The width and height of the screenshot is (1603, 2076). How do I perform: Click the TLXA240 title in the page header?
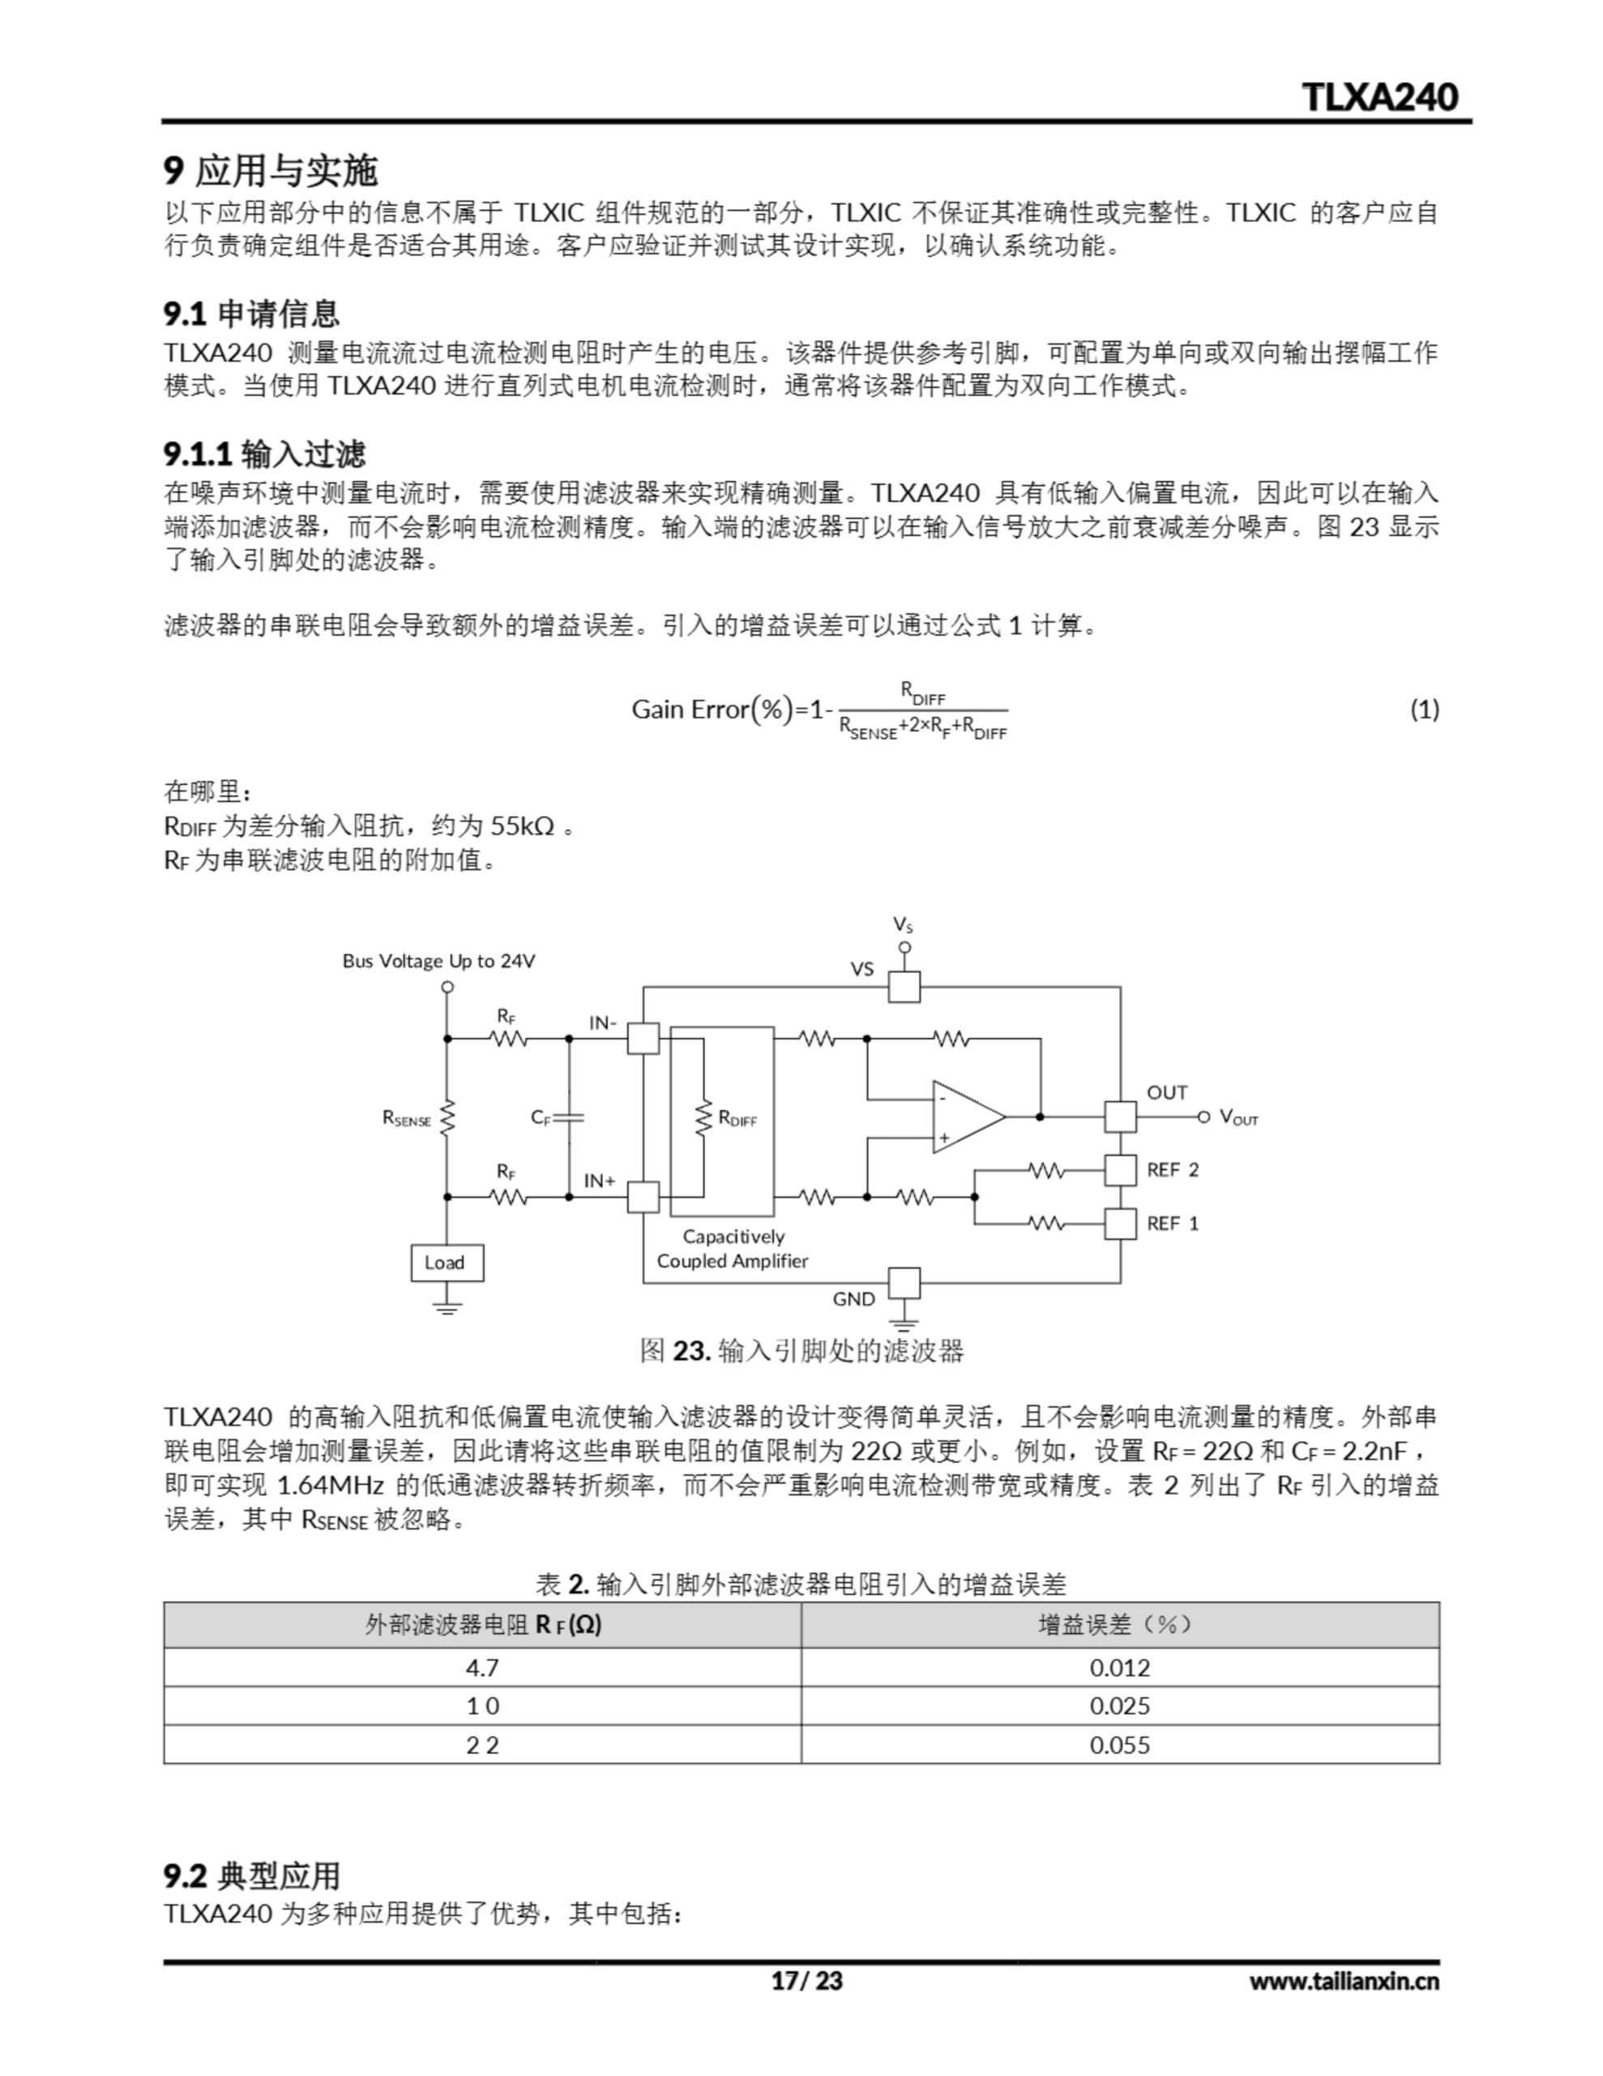(1379, 97)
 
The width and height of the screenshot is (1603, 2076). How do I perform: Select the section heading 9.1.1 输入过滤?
(264, 454)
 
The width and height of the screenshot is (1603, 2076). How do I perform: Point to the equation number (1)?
(1423, 709)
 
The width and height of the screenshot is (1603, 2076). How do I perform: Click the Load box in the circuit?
(447, 1263)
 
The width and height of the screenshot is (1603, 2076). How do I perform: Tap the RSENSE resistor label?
(407, 1119)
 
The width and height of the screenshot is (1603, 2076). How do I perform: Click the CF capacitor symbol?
(569, 1117)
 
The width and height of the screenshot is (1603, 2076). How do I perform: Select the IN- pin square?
(643, 1038)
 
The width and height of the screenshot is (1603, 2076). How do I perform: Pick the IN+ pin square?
(643, 1197)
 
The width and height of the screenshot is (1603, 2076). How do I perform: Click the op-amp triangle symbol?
(965, 1117)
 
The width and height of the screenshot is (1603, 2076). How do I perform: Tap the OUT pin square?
(1120, 1117)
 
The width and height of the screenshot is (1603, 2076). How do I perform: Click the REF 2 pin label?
(1173, 1170)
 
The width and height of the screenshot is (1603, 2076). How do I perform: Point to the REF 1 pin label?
(1173, 1224)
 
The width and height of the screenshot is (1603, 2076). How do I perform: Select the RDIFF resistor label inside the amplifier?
(737, 1119)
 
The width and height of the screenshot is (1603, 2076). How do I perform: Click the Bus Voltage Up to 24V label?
(438, 961)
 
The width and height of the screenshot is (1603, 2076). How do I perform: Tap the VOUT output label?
(1238, 1117)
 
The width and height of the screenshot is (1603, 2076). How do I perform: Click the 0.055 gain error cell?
(1119, 1744)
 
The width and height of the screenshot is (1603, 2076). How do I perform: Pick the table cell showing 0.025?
(1119, 1705)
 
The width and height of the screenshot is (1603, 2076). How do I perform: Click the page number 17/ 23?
(806, 1980)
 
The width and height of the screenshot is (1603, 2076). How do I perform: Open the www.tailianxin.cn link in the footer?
(1343, 1980)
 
